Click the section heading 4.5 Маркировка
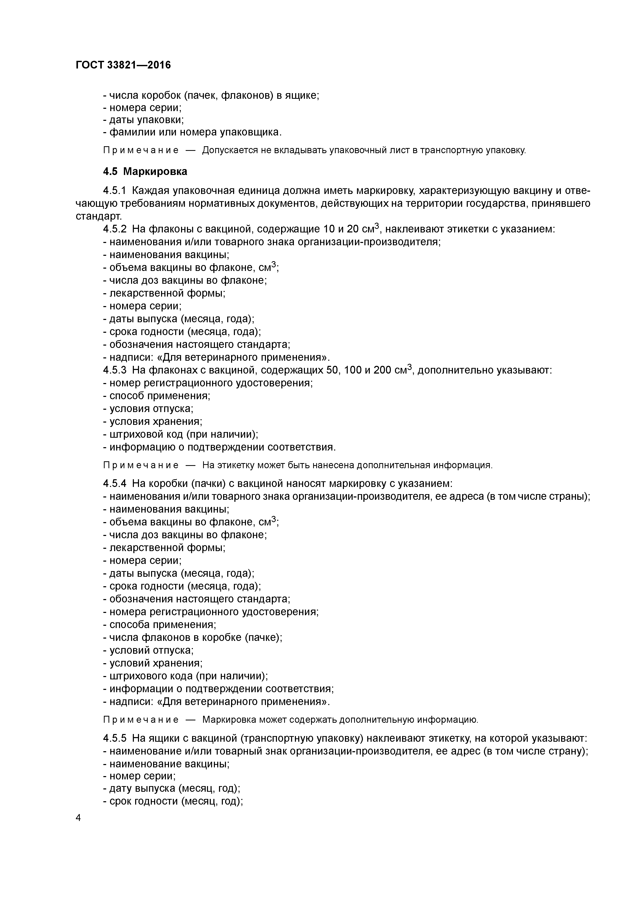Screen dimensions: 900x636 pyautogui.click(x=145, y=171)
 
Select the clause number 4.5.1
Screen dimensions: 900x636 pyautogui.click(x=114, y=191)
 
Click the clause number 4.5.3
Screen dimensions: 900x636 pyautogui.click(x=114, y=370)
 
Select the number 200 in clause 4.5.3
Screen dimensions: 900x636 pyautogui.click(x=382, y=370)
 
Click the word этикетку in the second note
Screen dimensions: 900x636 pyautogui.click(x=239, y=465)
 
